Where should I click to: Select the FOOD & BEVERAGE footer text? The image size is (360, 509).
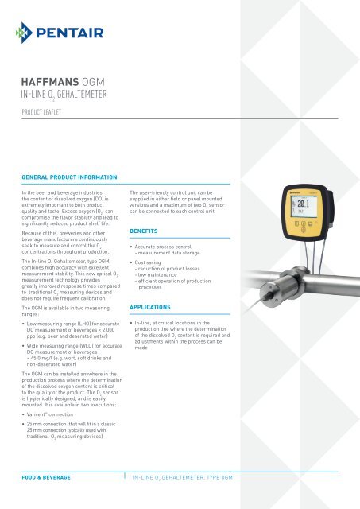46,477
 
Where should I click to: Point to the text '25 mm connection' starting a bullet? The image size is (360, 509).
52,425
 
